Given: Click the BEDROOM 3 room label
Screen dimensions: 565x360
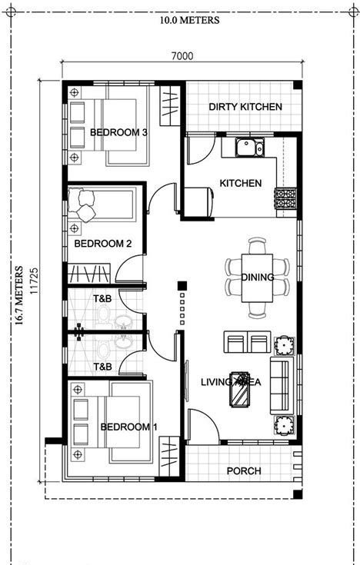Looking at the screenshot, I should [118, 132].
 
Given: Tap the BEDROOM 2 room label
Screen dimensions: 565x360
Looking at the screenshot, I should [103, 244].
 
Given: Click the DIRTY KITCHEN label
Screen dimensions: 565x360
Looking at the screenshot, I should [245, 107].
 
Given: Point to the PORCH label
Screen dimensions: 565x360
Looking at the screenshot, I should [245, 470].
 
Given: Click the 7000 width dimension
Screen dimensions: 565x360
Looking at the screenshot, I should [182, 56].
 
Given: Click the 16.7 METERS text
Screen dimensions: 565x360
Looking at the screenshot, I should [17, 296].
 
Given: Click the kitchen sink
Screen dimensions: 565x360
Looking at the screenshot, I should [248, 146].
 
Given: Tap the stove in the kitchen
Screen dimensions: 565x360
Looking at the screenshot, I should [285, 200].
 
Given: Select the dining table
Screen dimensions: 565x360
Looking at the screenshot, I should [256, 277].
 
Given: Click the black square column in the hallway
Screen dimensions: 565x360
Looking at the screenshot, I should [182, 287].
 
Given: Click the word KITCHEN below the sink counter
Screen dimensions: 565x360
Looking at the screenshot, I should [240, 183].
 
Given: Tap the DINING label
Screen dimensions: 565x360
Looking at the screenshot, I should [257, 278].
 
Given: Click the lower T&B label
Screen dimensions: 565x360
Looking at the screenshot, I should [102, 367].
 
